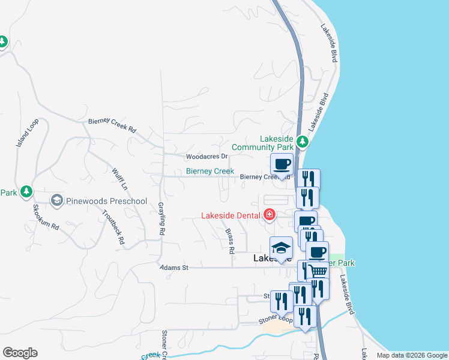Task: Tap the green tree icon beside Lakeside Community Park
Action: click(303, 142)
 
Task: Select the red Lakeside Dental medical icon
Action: click(270, 215)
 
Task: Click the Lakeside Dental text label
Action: click(231, 215)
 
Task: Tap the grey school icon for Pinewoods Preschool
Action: click(57, 200)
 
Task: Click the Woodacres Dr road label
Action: click(207, 157)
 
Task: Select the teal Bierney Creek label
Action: click(209, 172)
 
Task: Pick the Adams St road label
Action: click(173, 268)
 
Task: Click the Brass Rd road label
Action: click(229, 239)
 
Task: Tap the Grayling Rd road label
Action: click(162, 219)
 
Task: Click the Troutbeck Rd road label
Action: click(113, 227)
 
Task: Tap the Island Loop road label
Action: click(27, 133)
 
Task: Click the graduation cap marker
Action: click(281, 248)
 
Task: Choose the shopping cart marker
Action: click(318, 271)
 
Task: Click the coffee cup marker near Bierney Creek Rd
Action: click(281, 164)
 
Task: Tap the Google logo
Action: click(20, 353)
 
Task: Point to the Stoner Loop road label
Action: click(276, 320)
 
